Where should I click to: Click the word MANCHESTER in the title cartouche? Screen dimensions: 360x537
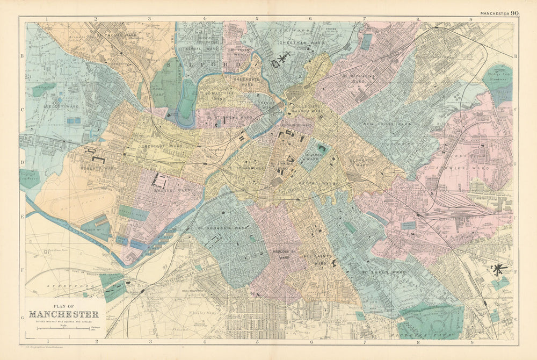coord(63,314)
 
